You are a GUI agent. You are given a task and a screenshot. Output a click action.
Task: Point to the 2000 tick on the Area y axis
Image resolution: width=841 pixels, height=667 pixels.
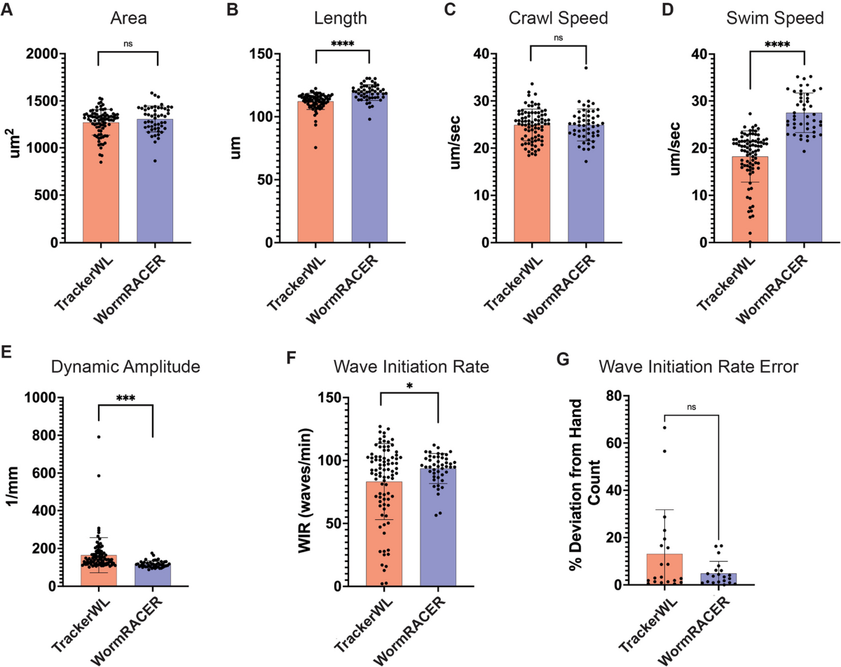pos(60,53)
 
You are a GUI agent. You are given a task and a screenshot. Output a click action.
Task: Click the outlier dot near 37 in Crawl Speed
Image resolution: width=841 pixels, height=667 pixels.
pos(585,68)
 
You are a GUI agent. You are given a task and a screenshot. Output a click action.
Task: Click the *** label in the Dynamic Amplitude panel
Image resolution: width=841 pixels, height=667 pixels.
pos(125,398)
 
